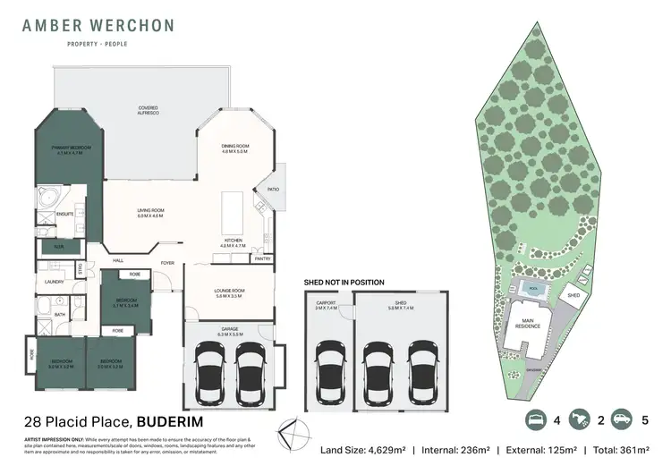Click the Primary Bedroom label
(x=69, y=149)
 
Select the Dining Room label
(x=235, y=148)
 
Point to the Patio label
(x=273, y=188)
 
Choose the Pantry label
(x=262, y=258)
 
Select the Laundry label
(x=52, y=285)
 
